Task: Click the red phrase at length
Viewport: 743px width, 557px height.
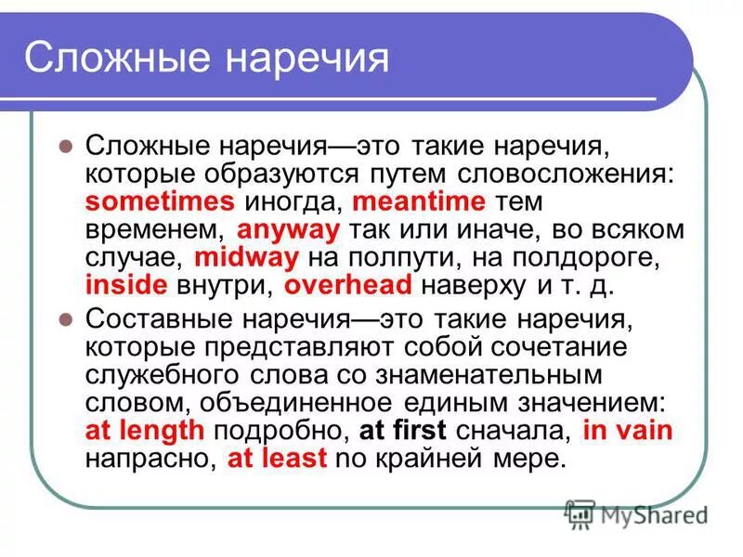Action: point(144,430)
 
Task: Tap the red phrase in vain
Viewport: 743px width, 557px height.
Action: point(629,430)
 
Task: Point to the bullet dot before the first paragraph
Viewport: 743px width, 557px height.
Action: point(65,147)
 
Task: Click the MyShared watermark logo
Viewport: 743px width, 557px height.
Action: point(637,513)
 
